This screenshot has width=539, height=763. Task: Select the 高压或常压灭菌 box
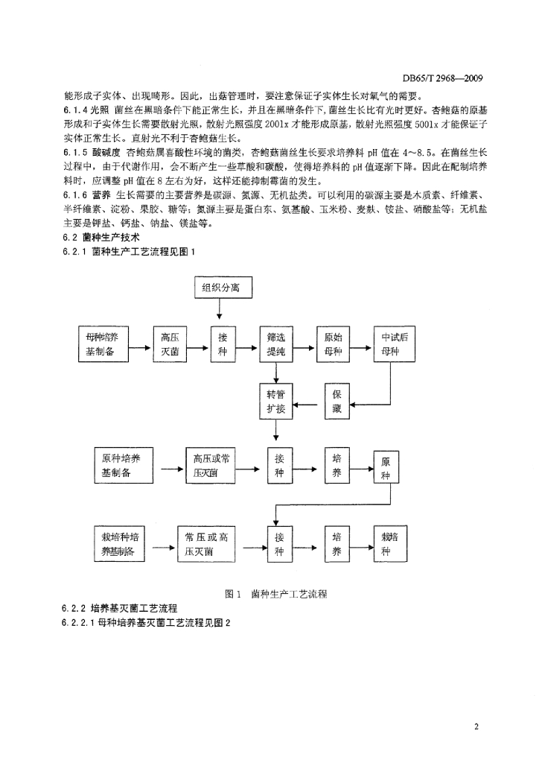[211, 466]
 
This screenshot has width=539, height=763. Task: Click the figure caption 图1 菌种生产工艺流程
[276, 594]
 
